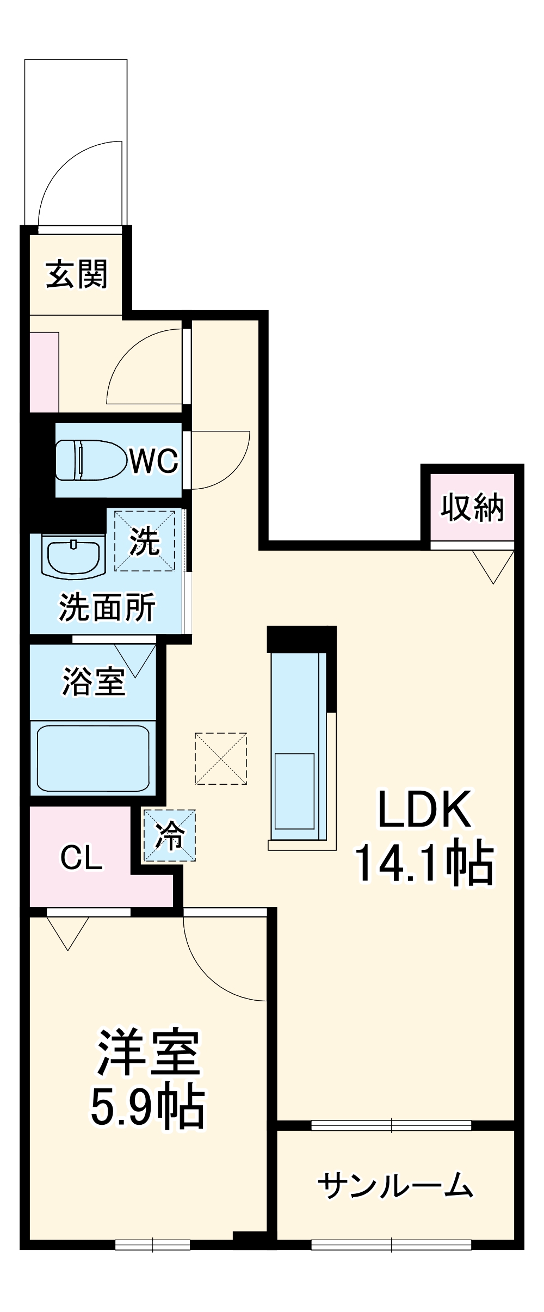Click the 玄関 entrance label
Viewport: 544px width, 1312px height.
(x=77, y=274)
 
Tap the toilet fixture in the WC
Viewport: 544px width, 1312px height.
(x=90, y=460)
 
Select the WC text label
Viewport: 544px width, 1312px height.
(x=154, y=461)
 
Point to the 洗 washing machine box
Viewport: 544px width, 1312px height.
(x=145, y=541)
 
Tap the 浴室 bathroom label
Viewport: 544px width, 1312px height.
(x=94, y=681)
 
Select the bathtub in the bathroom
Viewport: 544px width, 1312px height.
(x=93, y=758)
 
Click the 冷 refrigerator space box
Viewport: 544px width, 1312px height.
(x=169, y=836)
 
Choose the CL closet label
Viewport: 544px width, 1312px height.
(x=81, y=858)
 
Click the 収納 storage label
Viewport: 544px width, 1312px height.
(x=472, y=507)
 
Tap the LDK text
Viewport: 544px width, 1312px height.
(x=424, y=810)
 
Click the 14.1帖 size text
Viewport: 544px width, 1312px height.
(x=424, y=863)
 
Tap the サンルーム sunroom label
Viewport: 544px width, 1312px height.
(x=395, y=1185)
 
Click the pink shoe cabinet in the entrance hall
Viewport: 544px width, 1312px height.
(x=44, y=372)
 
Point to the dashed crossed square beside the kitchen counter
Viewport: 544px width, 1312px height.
(x=221, y=759)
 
